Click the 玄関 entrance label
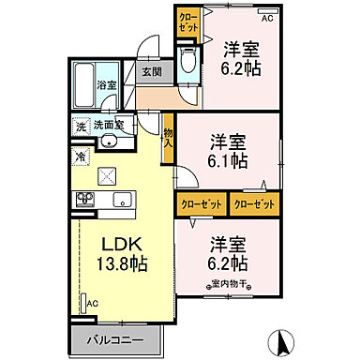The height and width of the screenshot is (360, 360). pyautogui.click(x=150, y=70)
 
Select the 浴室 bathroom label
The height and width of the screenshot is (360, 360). pyautogui.click(x=106, y=84)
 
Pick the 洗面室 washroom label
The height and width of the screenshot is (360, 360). pyautogui.click(x=114, y=124)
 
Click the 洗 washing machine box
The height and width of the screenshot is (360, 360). pyautogui.click(x=81, y=124)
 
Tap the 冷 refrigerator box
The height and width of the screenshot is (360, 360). pyautogui.click(x=80, y=156)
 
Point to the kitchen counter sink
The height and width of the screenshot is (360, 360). pyautogui.click(x=121, y=199)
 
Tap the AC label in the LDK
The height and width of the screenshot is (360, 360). pyautogui.click(x=92, y=303)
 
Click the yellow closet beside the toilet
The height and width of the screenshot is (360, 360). pyautogui.click(x=188, y=22)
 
